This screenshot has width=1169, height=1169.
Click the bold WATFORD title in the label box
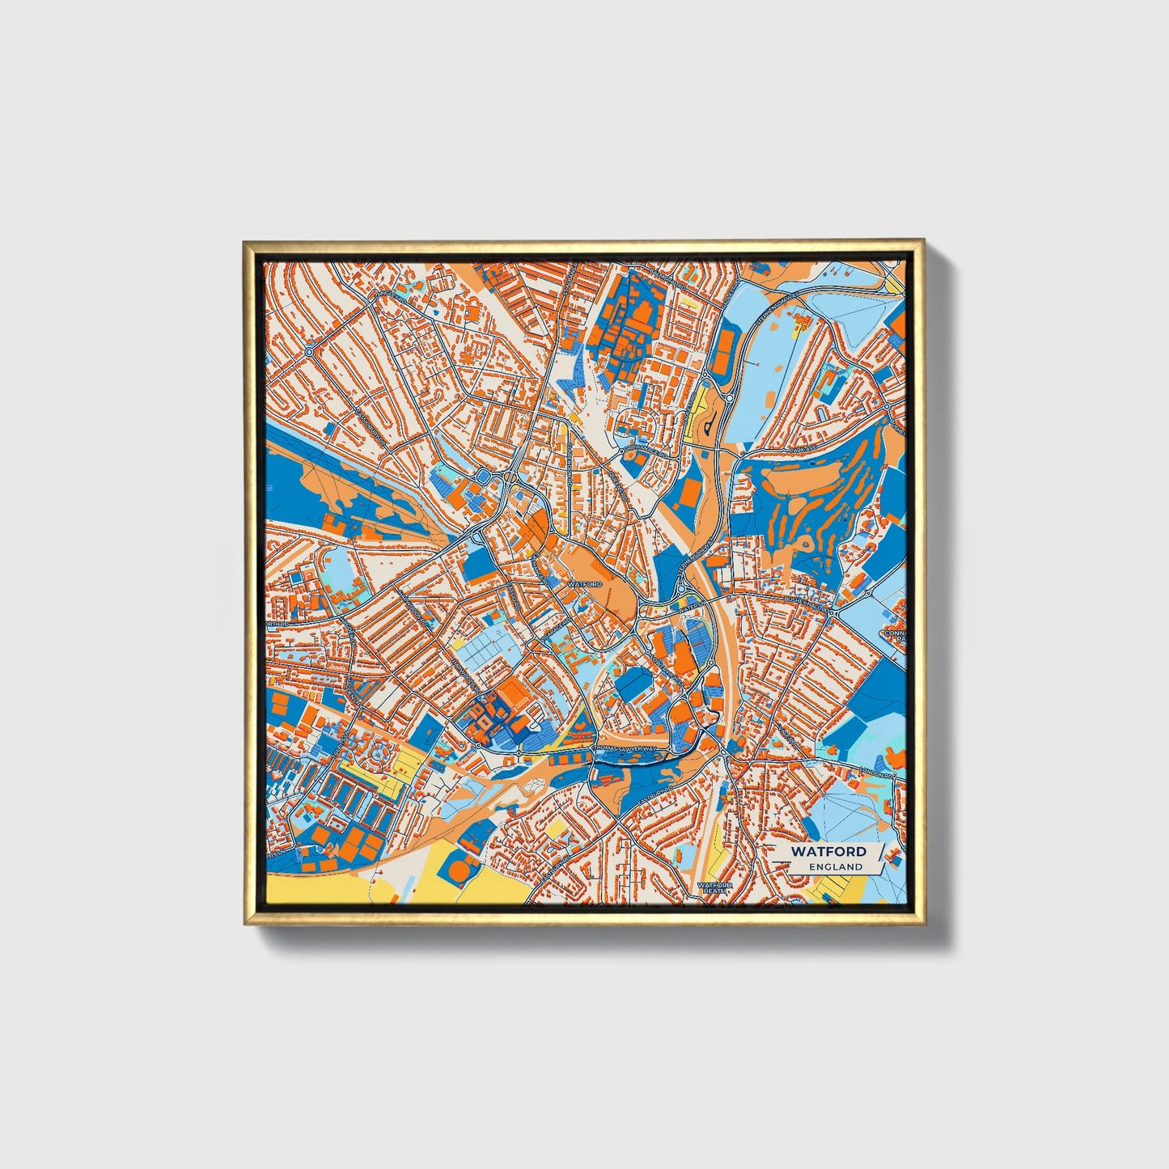(828, 851)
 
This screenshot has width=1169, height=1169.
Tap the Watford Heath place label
(714, 888)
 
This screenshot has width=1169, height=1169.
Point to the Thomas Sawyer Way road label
(626, 751)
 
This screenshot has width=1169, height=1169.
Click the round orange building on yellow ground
(460, 871)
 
